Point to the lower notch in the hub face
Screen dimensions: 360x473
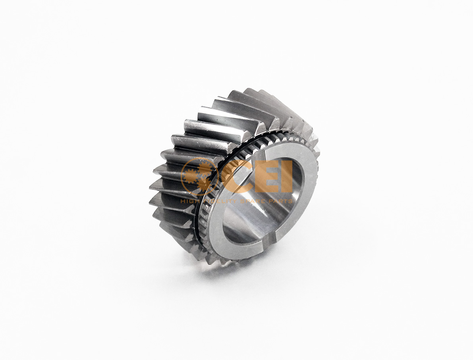click(x=269, y=238)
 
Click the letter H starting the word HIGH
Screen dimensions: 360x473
click(x=183, y=201)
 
